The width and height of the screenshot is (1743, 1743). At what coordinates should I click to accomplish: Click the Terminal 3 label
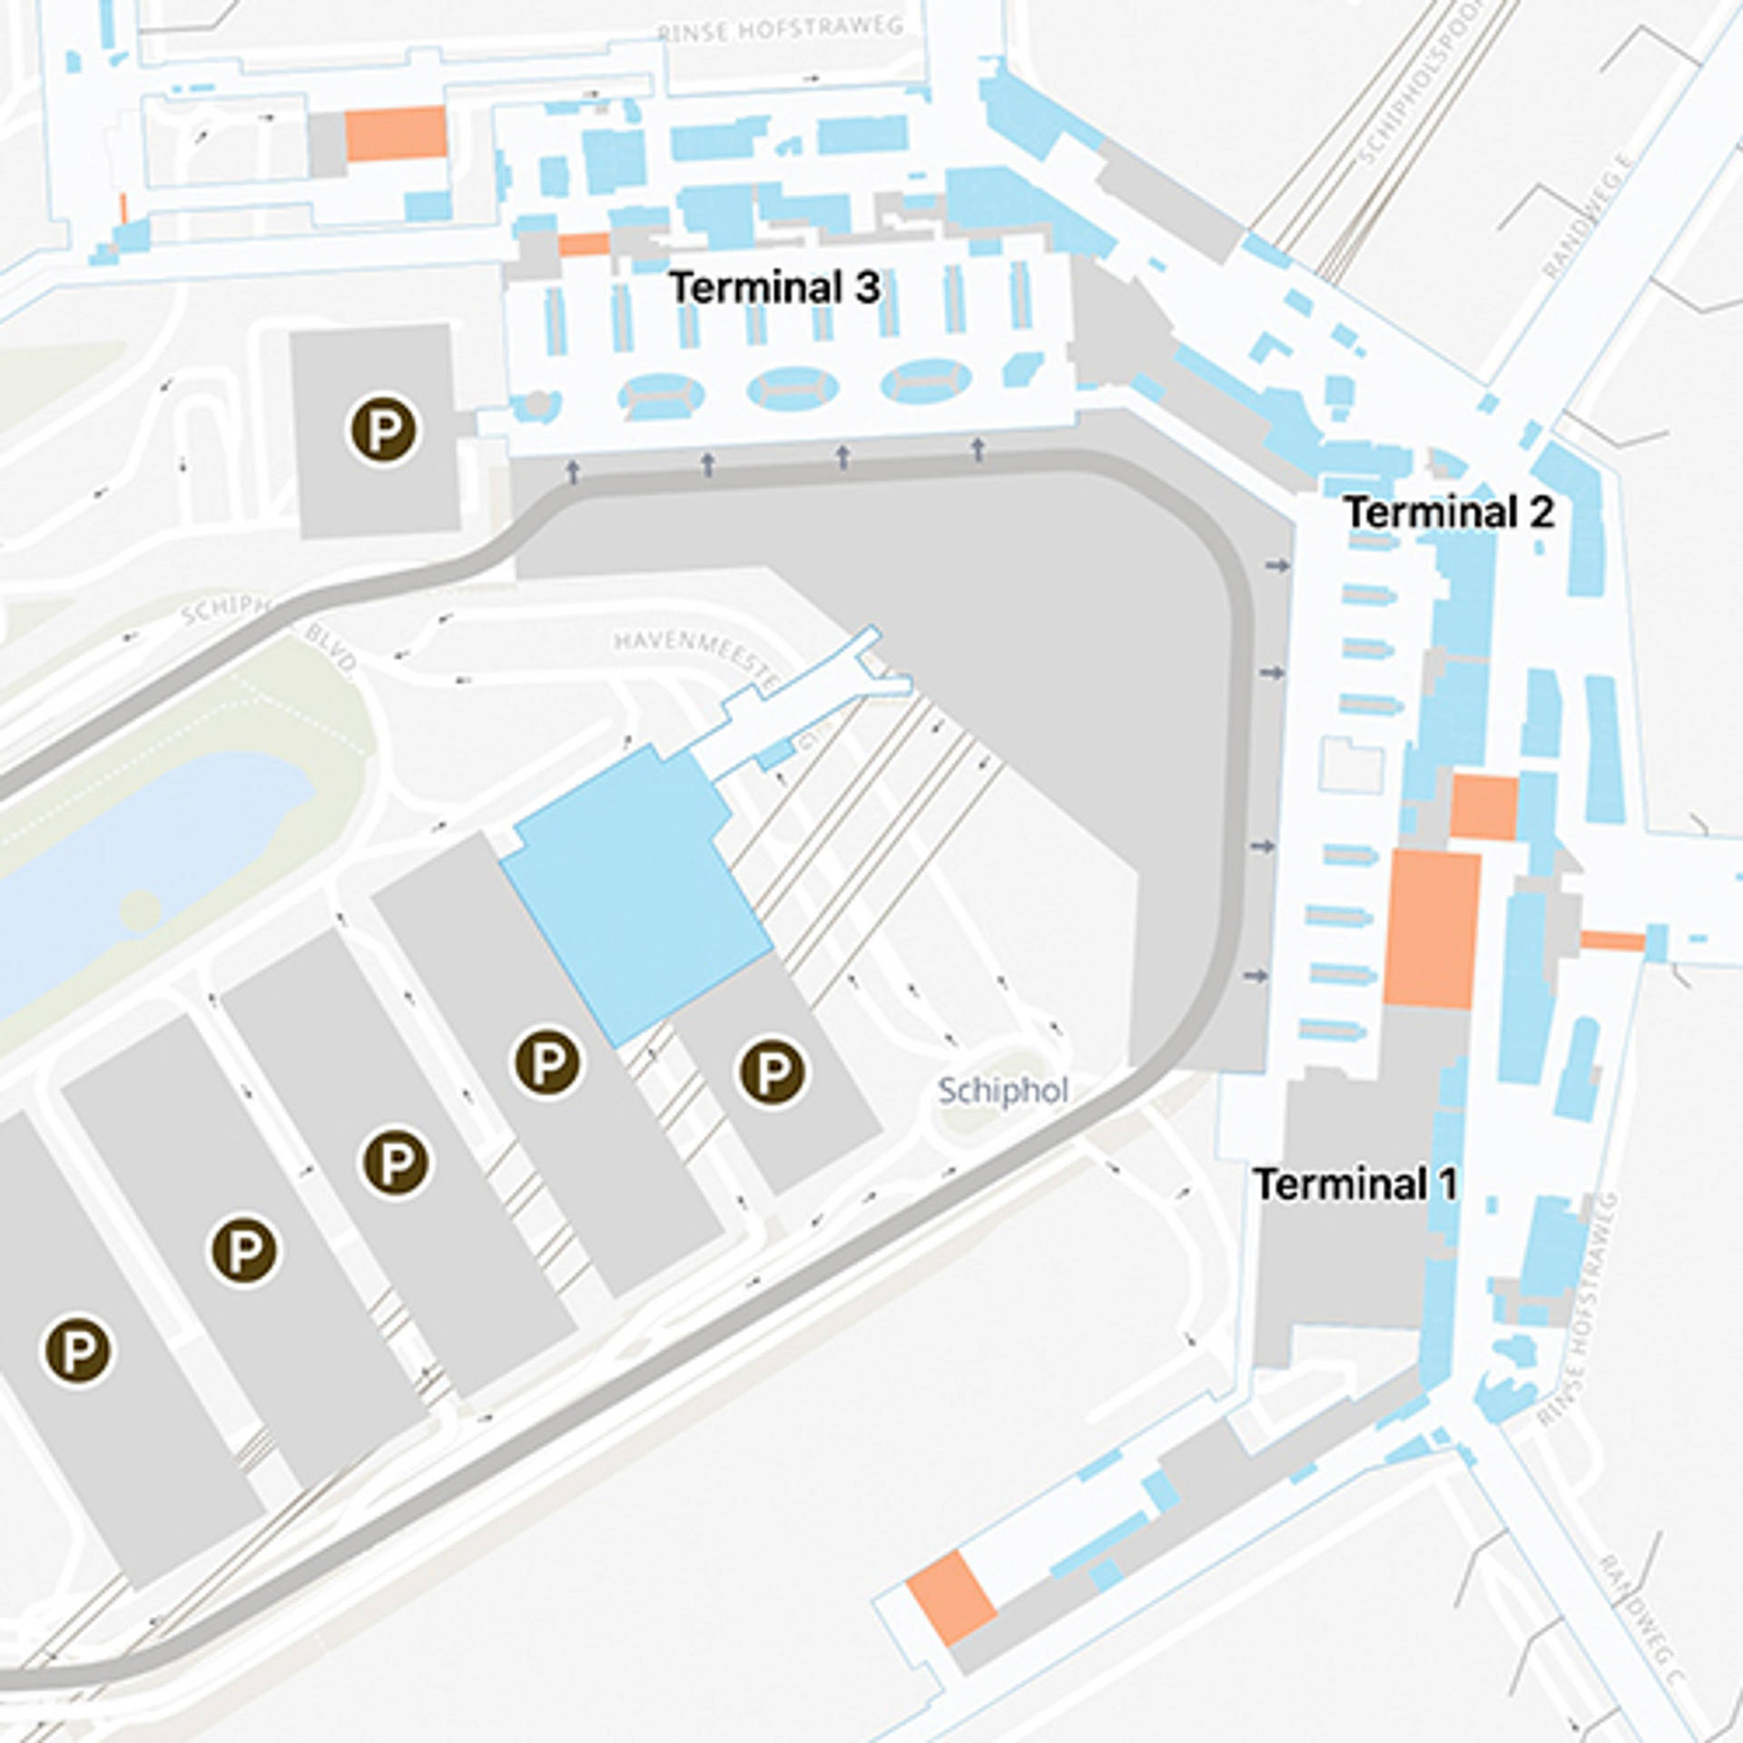point(774,288)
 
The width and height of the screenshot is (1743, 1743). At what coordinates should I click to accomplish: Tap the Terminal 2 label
point(1449,513)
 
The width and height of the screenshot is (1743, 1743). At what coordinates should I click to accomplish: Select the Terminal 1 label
point(1355,1184)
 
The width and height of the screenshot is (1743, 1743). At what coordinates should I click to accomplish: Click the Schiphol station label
point(1002,1090)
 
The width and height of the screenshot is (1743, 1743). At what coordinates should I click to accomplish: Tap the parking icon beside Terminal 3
point(384,429)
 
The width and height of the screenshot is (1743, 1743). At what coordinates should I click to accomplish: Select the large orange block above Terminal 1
point(1432,929)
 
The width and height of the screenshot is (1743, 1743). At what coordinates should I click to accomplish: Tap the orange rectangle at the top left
point(396,133)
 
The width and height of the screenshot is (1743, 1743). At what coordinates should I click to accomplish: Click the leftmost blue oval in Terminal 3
point(661,394)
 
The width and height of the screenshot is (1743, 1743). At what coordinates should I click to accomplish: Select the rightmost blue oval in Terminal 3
point(926,380)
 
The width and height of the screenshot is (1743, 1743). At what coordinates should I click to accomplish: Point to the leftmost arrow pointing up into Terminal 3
point(573,471)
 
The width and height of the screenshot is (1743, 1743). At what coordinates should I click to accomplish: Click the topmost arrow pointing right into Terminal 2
point(1277,566)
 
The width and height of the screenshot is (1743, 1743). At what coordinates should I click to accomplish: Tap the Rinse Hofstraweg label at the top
point(781,30)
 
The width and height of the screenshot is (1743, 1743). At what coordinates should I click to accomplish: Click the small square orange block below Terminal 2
point(1483,807)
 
